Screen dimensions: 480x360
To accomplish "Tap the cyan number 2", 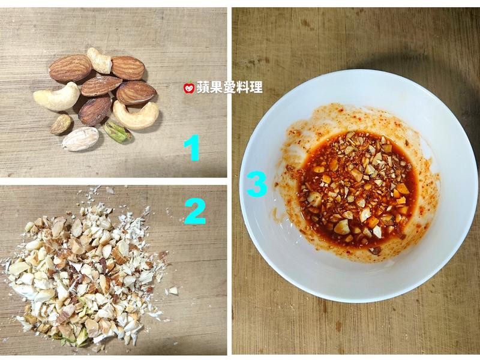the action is [196, 212].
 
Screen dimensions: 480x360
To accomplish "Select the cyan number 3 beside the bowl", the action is [257, 184].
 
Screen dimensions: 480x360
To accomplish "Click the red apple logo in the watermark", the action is [189, 88].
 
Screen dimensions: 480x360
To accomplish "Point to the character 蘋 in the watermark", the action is [203, 87].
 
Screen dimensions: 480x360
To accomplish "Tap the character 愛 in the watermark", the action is [230, 87].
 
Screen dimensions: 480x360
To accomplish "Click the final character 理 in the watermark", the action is [256, 87].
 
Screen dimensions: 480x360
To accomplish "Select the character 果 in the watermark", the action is [217, 87].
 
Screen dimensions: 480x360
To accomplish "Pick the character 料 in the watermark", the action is [244, 87].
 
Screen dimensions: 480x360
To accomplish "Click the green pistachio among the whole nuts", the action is [117, 132].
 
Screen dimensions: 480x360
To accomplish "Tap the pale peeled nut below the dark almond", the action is [80, 139].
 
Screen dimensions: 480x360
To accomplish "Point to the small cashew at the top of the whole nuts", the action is [100, 61].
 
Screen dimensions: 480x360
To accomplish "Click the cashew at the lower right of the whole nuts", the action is [136, 115].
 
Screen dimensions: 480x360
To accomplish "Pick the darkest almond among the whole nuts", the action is [95, 110].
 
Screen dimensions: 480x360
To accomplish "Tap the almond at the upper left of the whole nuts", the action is [70, 68].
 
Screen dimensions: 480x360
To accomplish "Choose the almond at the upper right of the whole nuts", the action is [128, 68].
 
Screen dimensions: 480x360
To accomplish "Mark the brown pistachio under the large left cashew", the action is [62, 124].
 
